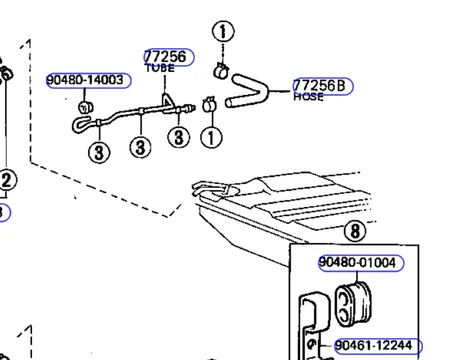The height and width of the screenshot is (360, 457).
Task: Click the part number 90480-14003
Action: [x=85, y=80]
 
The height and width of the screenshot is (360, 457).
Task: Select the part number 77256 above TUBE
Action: [x=166, y=57]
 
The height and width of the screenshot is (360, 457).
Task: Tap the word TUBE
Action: [x=160, y=68]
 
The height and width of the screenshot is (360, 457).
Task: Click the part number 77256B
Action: [x=319, y=86]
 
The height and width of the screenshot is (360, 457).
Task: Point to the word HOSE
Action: [x=308, y=97]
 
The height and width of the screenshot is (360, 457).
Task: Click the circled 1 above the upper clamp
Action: [x=223, y=32]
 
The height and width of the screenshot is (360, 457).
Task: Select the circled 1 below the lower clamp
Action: [x=211, y=137]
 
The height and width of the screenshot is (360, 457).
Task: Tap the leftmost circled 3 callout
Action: [x=99, y=153]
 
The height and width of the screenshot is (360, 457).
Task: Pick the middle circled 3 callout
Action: [x=140, y=147]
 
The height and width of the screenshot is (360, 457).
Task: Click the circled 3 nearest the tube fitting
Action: [x=179, y=137]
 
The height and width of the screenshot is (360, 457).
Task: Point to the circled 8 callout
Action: [x=355, y=231]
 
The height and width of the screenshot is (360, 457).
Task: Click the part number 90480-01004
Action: [x=357, y=262]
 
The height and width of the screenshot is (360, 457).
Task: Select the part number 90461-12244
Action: [x=373, y=345]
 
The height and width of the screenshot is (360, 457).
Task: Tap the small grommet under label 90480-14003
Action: [x=86, y=107]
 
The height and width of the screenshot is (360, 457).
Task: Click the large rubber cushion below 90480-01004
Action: [x=353, y=303]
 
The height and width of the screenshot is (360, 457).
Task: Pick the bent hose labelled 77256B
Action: [x=247, y=91]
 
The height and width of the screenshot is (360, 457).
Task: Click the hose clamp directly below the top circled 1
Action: [x=221, y=71]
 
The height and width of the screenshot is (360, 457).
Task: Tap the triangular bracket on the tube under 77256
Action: [x=168, y=100]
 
